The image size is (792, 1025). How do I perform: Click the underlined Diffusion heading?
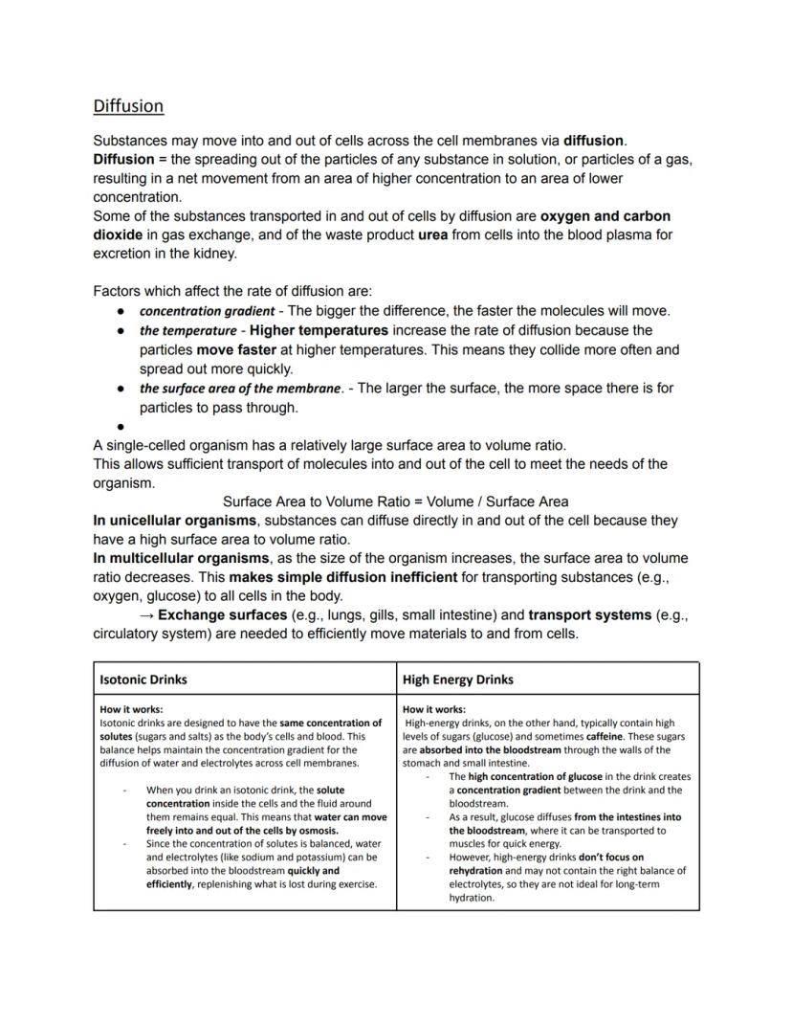128,105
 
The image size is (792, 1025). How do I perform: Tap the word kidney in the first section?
215,254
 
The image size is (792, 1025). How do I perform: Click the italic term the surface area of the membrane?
240,389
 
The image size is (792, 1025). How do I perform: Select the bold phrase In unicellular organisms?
175,521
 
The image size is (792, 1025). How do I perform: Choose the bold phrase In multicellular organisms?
182,558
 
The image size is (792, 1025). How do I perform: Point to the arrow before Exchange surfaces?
146,614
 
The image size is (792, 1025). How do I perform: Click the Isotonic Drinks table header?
143,680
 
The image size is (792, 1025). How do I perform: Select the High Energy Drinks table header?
457,680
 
